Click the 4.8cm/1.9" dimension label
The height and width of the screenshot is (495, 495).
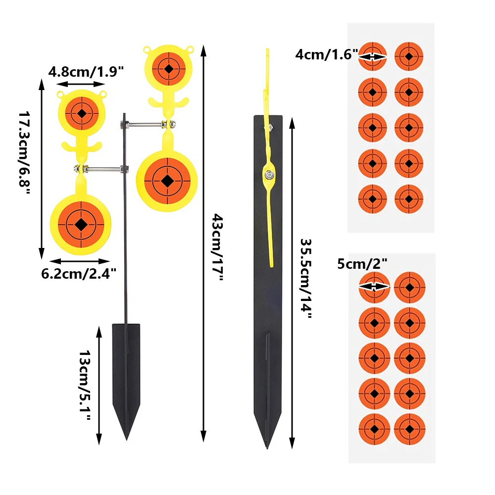(x=86, y=72)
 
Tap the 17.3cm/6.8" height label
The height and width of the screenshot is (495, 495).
(x=24, y=153)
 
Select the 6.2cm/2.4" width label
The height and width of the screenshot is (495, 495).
(x=79, y=273)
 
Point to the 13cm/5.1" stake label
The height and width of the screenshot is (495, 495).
(x=85, y=385)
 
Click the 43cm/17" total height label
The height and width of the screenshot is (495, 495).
(x=217, y=247)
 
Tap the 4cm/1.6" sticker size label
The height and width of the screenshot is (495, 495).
(x=327, y=54)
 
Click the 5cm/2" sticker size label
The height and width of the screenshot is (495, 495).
(x=362, y=264)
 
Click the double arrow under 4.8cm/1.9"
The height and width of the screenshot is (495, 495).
(x=81, y=84)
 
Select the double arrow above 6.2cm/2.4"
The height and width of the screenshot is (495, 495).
(x=80, y=261)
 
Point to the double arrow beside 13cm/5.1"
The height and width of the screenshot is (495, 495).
(x=99, y=386)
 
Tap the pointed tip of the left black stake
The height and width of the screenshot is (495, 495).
(x=127, y=440)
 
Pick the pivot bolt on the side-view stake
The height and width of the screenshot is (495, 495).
(x=269, y=175)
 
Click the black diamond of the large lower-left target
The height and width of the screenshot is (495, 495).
(x=81, y=224)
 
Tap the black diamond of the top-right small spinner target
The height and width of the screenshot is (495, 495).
(x=169, y=68)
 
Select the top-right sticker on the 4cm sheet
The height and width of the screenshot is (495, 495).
(x=409, y=56)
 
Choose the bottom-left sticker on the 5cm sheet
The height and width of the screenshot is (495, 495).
(x=374, y=429)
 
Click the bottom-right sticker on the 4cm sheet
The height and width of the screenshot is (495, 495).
(x=409, y=199)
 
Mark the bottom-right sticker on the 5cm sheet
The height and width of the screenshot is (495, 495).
(x=410, y=429)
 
